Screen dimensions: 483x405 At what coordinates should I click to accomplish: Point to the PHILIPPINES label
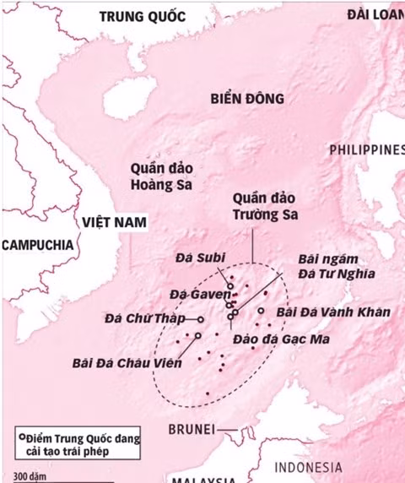[x=366, y=149]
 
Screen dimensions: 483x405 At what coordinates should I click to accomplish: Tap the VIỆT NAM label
[x=114, y=222]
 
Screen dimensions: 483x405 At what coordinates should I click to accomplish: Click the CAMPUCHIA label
[x=37, y=244]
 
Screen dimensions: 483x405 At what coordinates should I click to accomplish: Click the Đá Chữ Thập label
[x=143, y=319]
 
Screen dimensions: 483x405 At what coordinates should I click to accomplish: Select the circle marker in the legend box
[x=21, y=437]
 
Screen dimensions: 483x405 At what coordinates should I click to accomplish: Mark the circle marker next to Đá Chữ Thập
[x=201, y=319]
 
